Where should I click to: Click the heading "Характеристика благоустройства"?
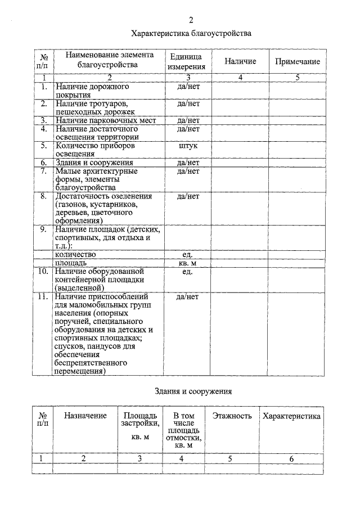click(191, 34)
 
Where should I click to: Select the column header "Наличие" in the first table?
click(240, 61)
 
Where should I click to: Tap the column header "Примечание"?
click(298, 61)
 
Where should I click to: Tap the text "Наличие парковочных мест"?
click(105, 120)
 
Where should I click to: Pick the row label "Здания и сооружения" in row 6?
click(93, 163)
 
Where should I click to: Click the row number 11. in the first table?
click(43, 296)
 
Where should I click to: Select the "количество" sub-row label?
click(79, 254)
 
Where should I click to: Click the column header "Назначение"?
click(85, 416)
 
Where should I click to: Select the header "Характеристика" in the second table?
click(291, 416)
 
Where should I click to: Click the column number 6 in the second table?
click(291, 459)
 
